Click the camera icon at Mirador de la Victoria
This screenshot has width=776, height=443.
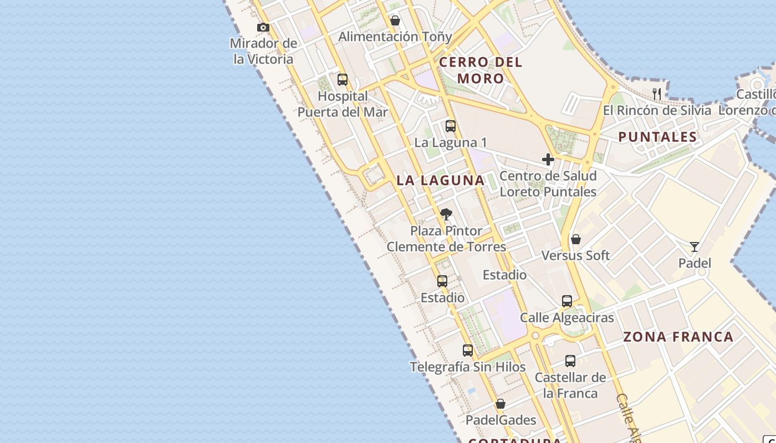pyautogui.click(x=263, y=27)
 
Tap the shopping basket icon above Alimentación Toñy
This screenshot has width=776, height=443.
pyautogui.click(x=395, y=20)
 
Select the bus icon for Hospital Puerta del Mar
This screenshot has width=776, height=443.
pyautogui.click(x=343, y=80)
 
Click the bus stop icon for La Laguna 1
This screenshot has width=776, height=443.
pyautogui.click(x=451, y=126)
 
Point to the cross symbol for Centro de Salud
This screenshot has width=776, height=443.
pyautogui.click(x=548, y=159)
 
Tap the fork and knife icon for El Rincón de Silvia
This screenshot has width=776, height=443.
pyautogui.click(x=657, y=94)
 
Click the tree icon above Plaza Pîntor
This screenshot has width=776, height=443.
pyautogui.click(x=446, y=214)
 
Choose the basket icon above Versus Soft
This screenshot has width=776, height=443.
pyautogui.click(x=576, y=239)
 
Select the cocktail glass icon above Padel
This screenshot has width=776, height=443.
pyautogui.click(x=694, y=246)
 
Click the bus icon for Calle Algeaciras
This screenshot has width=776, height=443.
pyautogui.click(x=566, y=301)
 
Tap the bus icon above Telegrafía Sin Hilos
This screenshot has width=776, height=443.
pyautogui.click(x=468, y=351)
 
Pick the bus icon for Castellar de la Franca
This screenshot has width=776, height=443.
pyautogui.click(x=570, y=361)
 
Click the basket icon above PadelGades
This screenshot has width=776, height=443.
pyautogui.click(x=501, y=404)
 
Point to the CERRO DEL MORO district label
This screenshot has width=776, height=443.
pyautogui.click(x=481, y=70)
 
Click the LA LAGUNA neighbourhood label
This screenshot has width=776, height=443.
pyautogui.click(x=441, y=180)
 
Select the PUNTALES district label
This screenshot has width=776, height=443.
pyautogui.click(x=657, y=137)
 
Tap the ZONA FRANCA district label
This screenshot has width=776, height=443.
pyautogui.click(x=678, y=337)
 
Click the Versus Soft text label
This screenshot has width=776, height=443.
pyautogui.click(x=575, y=255)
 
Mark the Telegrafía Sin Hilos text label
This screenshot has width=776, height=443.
pyautogui.click(x=468, y=367)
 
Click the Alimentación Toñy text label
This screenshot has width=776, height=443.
pyautogui.click(x=395, y=37)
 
